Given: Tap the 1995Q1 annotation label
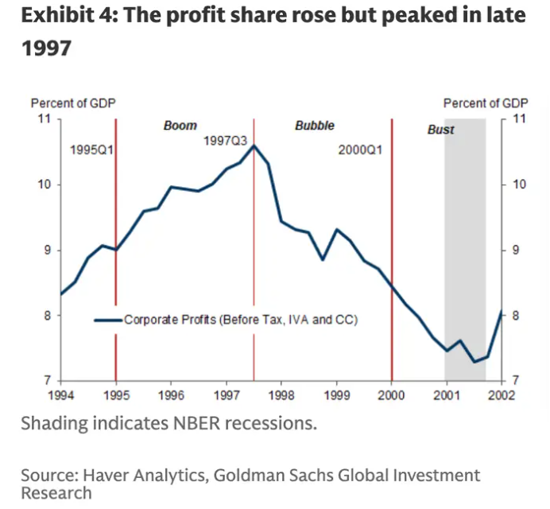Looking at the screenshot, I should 92,150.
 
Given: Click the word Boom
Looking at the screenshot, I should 180,126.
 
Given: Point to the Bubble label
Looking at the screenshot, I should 315,126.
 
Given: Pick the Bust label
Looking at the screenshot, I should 440,130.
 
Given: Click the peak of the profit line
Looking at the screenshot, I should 254,146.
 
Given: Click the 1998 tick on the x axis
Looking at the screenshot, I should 281,394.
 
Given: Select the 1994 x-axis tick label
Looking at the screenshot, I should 61,394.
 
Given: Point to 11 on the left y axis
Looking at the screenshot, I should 45,119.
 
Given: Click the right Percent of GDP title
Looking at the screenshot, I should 486,103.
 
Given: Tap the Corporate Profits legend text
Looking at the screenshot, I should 241,320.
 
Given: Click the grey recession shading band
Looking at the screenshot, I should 465,239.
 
